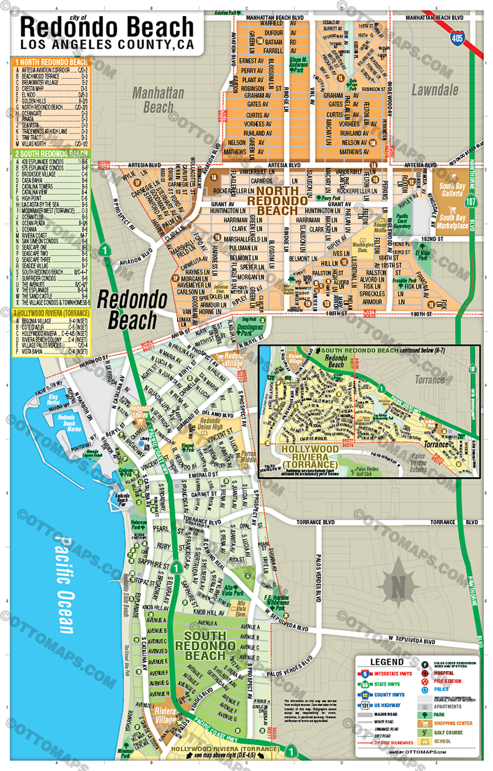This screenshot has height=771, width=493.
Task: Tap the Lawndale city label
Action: click(x=435, y=90)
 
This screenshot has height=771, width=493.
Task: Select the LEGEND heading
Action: click(x=387, y=662)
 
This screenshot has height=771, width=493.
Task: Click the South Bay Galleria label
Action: click(x=452, y=190)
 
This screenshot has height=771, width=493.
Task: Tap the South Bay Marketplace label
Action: click(x=452, y=222)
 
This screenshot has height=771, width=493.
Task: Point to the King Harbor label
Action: click(x=53, y=399)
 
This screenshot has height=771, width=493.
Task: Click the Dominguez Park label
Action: click(x=250, y=330)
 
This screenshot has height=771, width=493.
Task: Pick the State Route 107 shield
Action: click(x=470, y=201)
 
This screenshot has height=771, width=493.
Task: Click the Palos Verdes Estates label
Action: click(x=418, y=463)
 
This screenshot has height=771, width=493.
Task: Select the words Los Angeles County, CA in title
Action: click(x=107, y=45)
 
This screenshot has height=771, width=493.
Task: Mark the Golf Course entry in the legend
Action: click(x=448, y=733)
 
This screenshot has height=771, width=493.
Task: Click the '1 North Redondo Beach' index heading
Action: click(x=51, y=62)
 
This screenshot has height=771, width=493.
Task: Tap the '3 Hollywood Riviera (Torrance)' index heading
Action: click(x=51, y=313)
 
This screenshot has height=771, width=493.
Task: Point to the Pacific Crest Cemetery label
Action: click(x=402, y=221)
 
